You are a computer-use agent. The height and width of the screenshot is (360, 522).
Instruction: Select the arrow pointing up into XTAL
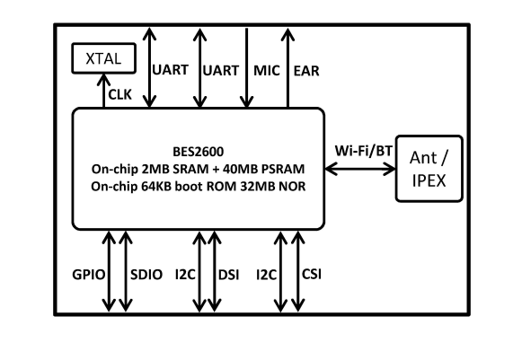pyautogui.click(x=105, y=90)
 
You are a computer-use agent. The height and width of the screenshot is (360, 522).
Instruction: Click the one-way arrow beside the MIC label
pyautogui.click(x=248, y=66)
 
